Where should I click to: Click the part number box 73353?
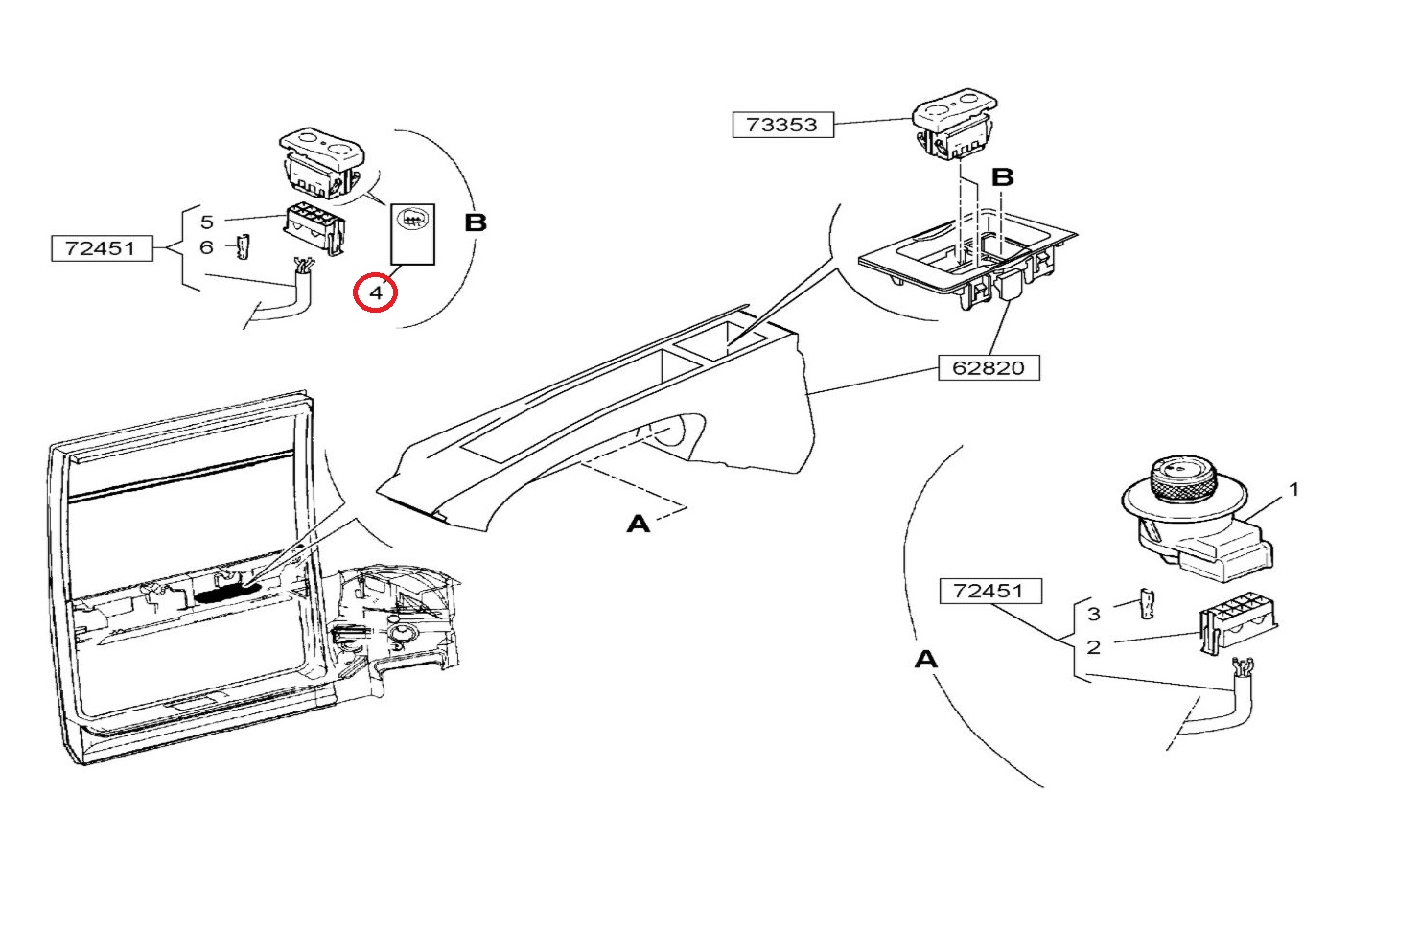[x=782, y=125]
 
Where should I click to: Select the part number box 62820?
[x=988, y=367]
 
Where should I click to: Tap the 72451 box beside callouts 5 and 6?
[x=100, y=248]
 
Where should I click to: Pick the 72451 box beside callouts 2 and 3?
[x=989, y=591]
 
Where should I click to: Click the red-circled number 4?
[x=376, y=292]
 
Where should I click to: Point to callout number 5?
[x=207, y=222]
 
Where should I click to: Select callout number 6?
[x=207, y=247]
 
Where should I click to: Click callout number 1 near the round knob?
[x=1293, y=489]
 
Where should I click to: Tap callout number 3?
[x=1094, y=614]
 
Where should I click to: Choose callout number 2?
[x=1094, y=647]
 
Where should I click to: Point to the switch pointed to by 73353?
[x=953, y=125]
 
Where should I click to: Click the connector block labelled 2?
[x=1236, y=622]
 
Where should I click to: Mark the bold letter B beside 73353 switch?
[x=1002, y=177]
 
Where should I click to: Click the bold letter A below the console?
[x=639, y=524]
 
